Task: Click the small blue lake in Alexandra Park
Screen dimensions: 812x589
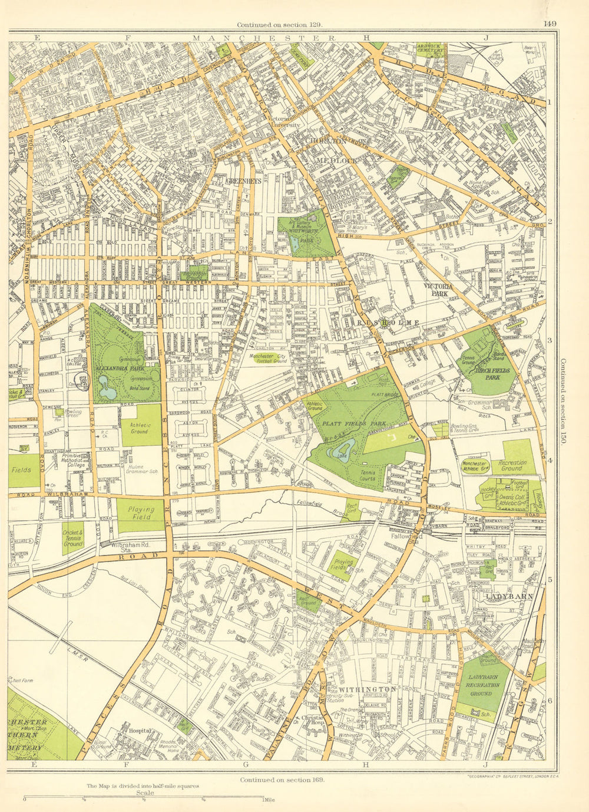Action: click(x=108, y=392)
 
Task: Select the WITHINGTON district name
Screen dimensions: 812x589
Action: click(x=366, y=689)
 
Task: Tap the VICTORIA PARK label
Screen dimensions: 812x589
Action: click(x=438, y=289)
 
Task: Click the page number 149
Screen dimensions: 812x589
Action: click(x=550, y=24)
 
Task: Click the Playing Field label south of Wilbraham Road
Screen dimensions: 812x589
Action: click(x=141, y=513)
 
